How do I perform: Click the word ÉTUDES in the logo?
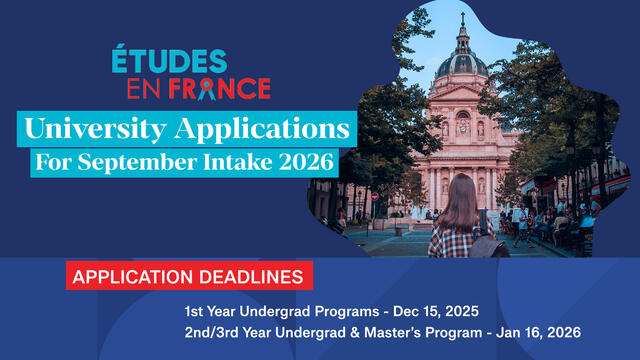[x=170, y=62]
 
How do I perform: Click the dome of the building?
[x=461, y=62]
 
